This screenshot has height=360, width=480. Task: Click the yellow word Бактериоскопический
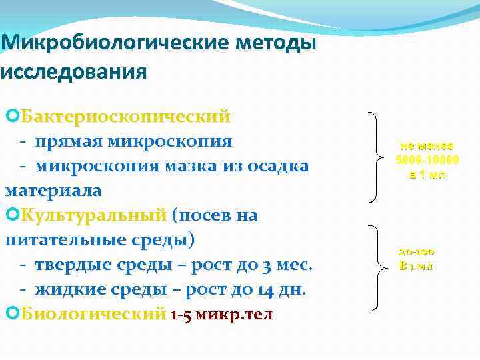pos(125,117)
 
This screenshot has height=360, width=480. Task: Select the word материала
pos(53,190)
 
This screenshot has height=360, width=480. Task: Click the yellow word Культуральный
pos(93,215)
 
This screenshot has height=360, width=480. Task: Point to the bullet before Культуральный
pos(11,215)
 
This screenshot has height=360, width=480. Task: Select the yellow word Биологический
pos(93,313)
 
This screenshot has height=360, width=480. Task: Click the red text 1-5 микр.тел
pos(221,314)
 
